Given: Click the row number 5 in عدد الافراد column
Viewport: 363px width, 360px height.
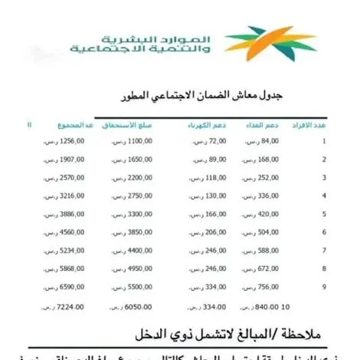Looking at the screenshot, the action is [x=323, y=213].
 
